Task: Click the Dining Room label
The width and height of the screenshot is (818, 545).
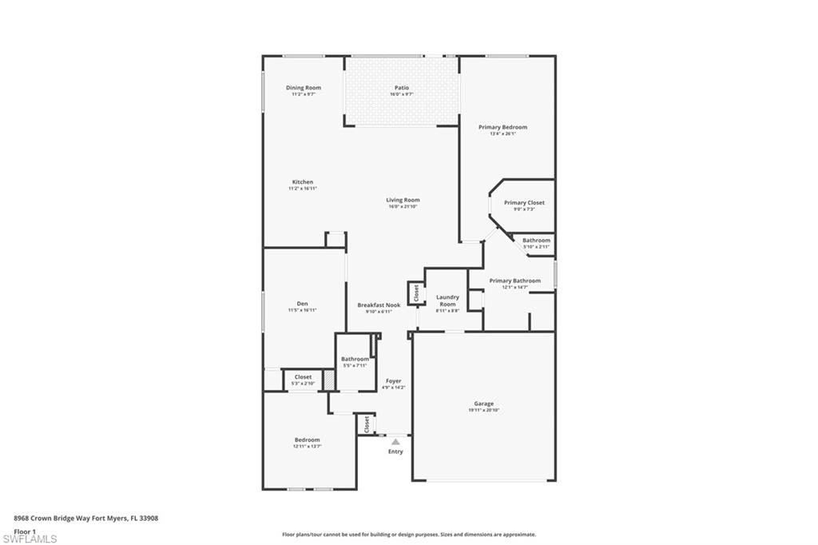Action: click(x=304, y=88)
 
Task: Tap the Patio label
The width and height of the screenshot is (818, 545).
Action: click(x=402, y=88)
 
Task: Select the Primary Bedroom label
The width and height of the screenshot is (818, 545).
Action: click(x=502, y=127)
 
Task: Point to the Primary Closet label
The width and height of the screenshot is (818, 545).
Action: click(x=524, y=203)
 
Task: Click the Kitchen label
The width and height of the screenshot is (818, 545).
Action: click(x=303, y=182)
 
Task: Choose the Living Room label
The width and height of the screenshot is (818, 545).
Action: click(x=403, y=201)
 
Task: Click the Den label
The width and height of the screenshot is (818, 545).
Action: click(x=303, y=304)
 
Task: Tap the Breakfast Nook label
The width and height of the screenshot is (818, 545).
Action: click(x=379, y=305)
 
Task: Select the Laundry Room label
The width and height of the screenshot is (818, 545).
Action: click(x=447, y=300)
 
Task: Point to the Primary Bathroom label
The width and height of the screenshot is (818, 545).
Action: click(x=514, y=281)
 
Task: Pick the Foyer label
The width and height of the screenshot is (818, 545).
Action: click(x=393, y=381)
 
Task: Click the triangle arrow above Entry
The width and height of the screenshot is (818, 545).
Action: click(x=395, y=440)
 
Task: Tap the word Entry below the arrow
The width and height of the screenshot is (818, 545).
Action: click(x=395, y=452)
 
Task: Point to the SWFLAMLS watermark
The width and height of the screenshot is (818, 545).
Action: click(x=30, y=539)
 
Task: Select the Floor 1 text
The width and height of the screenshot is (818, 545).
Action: click(x=25, y=531)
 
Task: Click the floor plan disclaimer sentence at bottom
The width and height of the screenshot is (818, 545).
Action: click(x=408, y=535)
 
